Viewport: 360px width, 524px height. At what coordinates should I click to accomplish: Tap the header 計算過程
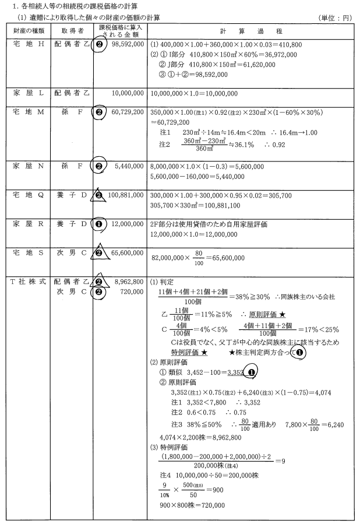coord(249,31)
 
